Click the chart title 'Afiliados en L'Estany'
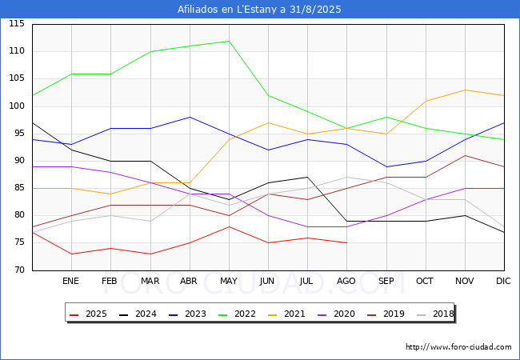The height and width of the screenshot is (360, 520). (x=260, y=10)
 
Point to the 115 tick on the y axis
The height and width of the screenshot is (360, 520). (x=17, y=24)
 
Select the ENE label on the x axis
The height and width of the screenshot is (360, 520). (x=71, y=282)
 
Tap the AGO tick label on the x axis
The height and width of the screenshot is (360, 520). (x=347, y=282)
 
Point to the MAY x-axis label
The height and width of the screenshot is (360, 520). (x=229, y=282)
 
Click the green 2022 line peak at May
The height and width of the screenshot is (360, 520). (x=229, y=41)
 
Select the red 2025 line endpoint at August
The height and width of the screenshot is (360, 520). (x=347, y=242)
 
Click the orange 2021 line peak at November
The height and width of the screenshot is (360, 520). (x=465, y=90)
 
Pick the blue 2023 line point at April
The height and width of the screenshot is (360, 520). (x=190, y=117)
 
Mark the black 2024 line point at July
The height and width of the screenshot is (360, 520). (x=307, y=177)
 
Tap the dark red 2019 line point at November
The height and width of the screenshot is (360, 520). (x=465, y=155)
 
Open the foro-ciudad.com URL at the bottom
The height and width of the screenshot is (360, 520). (x=458, y=347)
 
